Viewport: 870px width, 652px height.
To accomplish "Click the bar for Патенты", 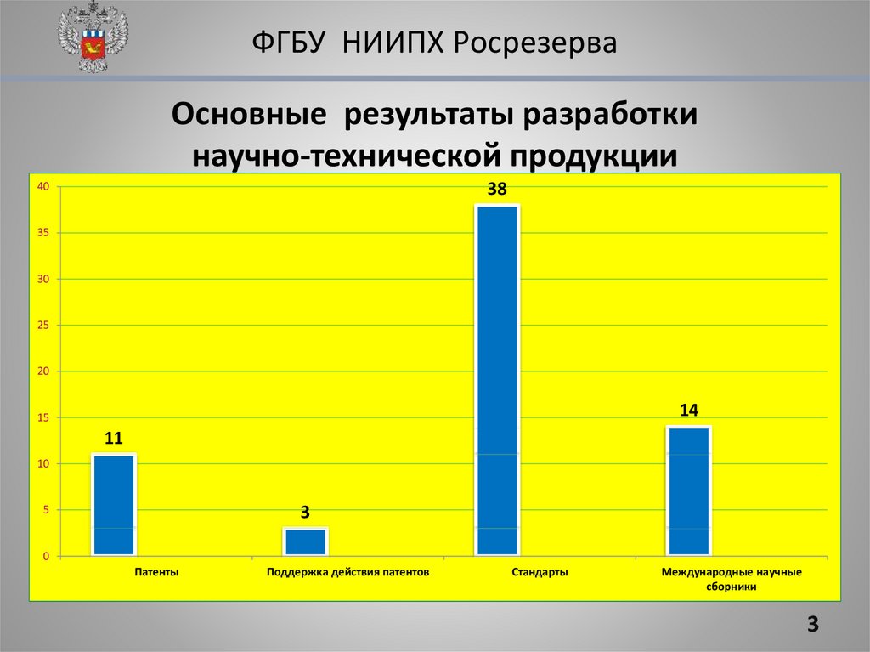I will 114,505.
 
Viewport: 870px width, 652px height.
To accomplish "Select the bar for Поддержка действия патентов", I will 305,541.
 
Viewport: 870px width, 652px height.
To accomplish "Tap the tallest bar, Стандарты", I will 497,380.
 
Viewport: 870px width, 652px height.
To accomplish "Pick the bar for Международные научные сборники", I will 688,490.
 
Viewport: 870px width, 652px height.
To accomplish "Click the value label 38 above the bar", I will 497,190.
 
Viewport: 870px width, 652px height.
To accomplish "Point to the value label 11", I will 114,439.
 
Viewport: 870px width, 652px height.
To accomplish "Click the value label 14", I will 688,411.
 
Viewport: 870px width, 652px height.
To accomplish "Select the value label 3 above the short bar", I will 305,513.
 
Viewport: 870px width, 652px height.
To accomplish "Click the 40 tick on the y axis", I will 44,187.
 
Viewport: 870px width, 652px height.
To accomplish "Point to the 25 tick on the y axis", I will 44,326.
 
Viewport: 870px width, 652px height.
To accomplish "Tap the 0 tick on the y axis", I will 47,556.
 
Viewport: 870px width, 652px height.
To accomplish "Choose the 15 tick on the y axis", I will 44,417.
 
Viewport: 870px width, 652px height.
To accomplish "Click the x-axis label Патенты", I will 156,573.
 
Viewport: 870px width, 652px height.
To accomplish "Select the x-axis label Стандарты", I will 540,573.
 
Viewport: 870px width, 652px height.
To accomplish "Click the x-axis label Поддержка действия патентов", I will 347,573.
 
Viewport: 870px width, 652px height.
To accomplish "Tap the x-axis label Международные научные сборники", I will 731,579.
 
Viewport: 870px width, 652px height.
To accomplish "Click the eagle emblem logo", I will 93,37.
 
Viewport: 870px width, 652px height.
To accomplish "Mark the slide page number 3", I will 813,626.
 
